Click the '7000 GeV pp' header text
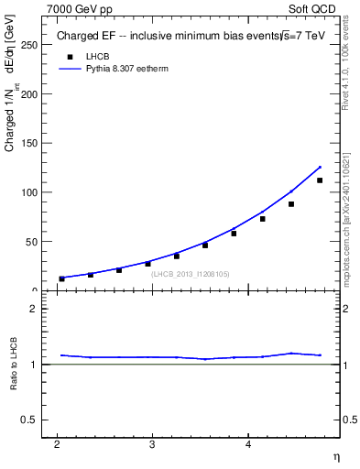80,9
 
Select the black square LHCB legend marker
66,57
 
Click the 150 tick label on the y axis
29,143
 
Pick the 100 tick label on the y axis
29,192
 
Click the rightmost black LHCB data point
320,180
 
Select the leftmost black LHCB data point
62,278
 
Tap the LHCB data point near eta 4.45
291,204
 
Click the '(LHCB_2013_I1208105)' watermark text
191,274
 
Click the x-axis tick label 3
152,444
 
